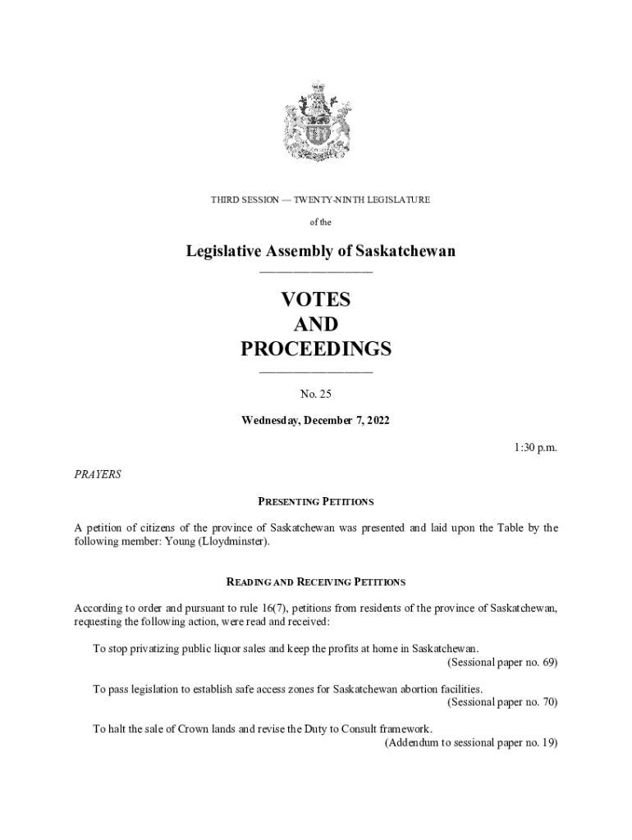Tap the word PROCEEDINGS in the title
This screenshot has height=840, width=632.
(316, 349)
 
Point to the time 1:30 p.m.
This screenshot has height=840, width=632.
(536, 447)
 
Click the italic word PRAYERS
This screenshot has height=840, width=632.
(98, 474)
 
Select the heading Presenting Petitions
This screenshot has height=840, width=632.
(316, 501)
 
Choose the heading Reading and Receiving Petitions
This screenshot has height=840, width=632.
(316, 582)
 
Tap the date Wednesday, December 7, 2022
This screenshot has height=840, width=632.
(316, 421)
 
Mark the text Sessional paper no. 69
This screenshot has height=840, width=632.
(502, 662)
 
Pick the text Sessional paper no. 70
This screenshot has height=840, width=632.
(502, 702)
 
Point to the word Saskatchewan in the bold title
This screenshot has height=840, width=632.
(399, 251)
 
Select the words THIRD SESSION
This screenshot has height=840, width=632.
(245, 199)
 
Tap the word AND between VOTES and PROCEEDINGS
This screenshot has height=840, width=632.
(316, 324)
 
